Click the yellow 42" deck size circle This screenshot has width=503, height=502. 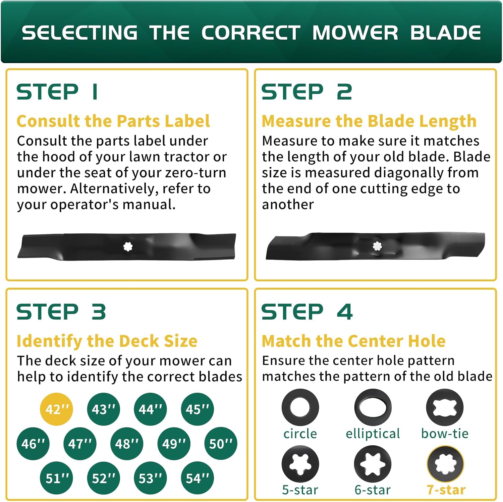[x=56, y=409]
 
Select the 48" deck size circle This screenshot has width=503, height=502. [x=127, y=444]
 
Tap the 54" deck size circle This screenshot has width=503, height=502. [x=197, y=478]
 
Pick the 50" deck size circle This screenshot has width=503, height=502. [x=221, y=444]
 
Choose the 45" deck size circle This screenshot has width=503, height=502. [x=197, y=409]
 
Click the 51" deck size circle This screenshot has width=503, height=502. [x=57, y=478]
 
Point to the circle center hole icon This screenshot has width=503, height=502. [x=300, y=407]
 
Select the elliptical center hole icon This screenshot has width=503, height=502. [x=373, y=407]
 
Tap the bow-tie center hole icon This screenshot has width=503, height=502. [x=445, y=407]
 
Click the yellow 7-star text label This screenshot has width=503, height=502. [x=446, y=490]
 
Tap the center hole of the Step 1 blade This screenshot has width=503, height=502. [x=128, y=247]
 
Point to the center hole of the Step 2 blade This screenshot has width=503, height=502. [x=377, y=246]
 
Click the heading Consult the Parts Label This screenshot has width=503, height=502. [x=113, y=121]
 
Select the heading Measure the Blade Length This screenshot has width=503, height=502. [x=369, y=121]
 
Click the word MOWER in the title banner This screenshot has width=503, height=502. [x=355, y=33]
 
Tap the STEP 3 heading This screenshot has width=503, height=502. [x=61, y=312]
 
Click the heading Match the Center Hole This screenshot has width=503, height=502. [x=353, y=341]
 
